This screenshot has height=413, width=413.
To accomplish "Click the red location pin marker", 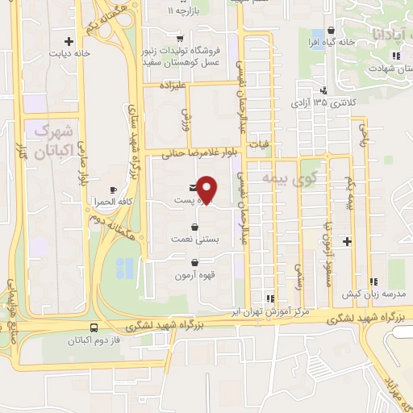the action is (207, 190).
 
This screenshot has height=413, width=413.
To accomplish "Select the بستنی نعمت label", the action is (169, 240).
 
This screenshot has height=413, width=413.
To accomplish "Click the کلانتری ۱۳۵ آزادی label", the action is (357, 103).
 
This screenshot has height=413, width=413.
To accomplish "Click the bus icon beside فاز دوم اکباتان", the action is (94, 328).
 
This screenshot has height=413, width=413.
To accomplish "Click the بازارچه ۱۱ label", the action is (181, 12).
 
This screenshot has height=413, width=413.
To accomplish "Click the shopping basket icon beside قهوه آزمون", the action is (195, 262).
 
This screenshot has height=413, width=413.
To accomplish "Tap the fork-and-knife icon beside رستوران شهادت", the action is (394, 55).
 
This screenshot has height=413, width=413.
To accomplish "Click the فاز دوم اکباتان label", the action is (65, 340).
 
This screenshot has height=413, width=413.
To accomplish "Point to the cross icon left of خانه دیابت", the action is (69, 41).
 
